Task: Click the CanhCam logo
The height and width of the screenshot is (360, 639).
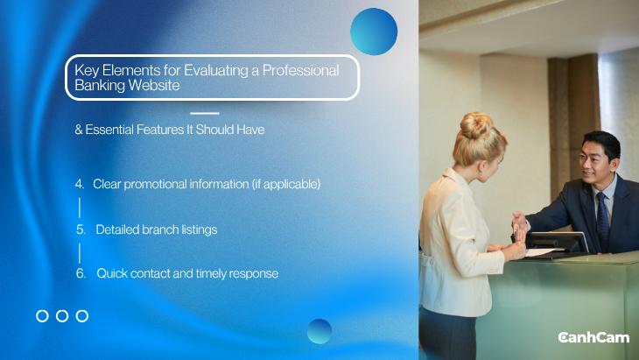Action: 593,337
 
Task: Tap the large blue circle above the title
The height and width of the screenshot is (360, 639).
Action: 374,32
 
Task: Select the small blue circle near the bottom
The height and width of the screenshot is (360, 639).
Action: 319,331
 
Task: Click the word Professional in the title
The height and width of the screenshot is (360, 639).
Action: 301,71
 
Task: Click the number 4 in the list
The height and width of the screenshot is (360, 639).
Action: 79,184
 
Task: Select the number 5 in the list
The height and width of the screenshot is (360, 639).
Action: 81,230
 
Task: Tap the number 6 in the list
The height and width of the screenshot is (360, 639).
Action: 81,273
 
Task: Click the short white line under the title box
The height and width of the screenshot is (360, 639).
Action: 205,113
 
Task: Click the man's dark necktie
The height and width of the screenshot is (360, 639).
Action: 602,220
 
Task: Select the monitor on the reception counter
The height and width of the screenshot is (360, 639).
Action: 557,242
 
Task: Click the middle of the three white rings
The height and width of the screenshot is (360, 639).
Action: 62,316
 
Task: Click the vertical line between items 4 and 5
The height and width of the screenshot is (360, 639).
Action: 80,208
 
